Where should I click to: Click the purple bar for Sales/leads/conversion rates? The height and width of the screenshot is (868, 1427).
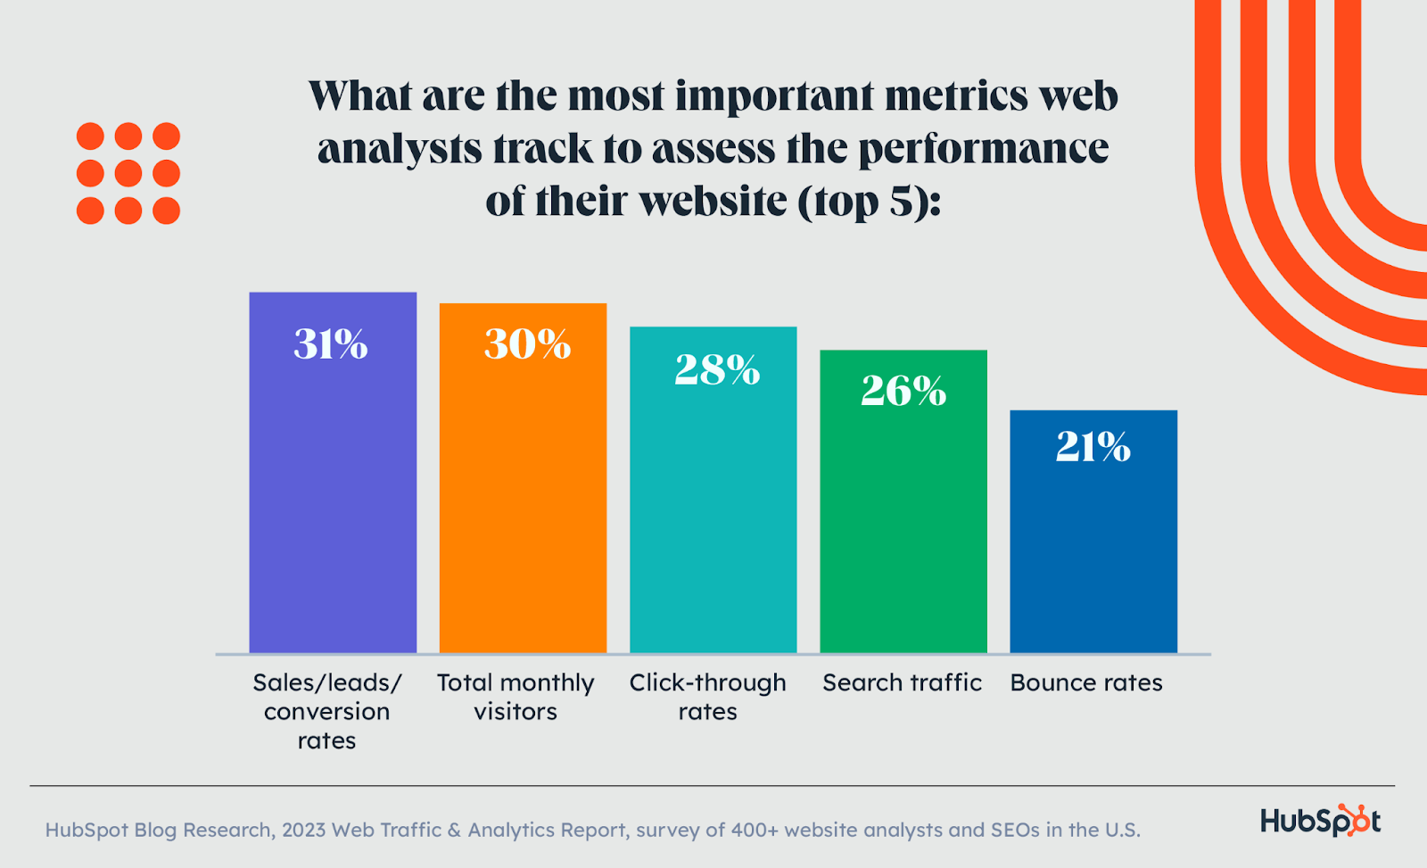333,500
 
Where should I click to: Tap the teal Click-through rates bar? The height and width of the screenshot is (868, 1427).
713,517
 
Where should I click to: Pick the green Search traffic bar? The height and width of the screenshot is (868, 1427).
903,526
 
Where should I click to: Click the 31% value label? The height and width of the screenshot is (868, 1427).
331,344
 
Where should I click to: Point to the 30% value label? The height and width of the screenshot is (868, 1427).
527,344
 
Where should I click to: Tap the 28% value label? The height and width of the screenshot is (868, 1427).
717,369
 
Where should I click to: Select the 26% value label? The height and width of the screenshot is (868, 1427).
903,391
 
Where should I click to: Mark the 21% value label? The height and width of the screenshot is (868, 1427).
1093,446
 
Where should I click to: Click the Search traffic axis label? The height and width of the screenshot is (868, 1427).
902,682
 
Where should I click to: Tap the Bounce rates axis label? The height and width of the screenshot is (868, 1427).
1086,682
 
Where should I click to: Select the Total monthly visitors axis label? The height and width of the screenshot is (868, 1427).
516,697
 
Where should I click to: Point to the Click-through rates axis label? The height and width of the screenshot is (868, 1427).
707,697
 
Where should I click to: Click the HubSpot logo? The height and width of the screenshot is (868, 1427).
1320,820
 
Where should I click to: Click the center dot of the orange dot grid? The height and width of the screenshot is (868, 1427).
128,173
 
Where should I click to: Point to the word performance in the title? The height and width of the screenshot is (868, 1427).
984,150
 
